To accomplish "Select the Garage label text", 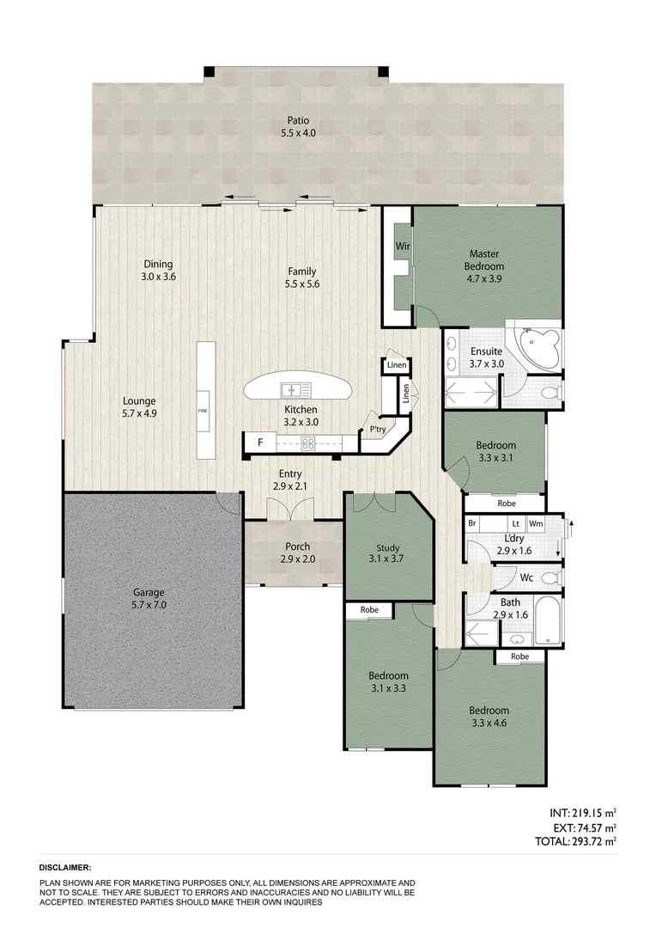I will click(x=148, y=593).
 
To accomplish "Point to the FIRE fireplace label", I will click(x=203, y=411).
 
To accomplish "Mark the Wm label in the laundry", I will click(x=536, y=523).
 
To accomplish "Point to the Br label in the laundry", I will click(x=471, y=523).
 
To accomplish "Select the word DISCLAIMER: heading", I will click(x=65, y=869).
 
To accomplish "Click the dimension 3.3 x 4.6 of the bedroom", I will click(x=489, y=724).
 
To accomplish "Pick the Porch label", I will click(x=298, y=546).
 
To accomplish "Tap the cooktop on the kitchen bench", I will click(x=307, y=443).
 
